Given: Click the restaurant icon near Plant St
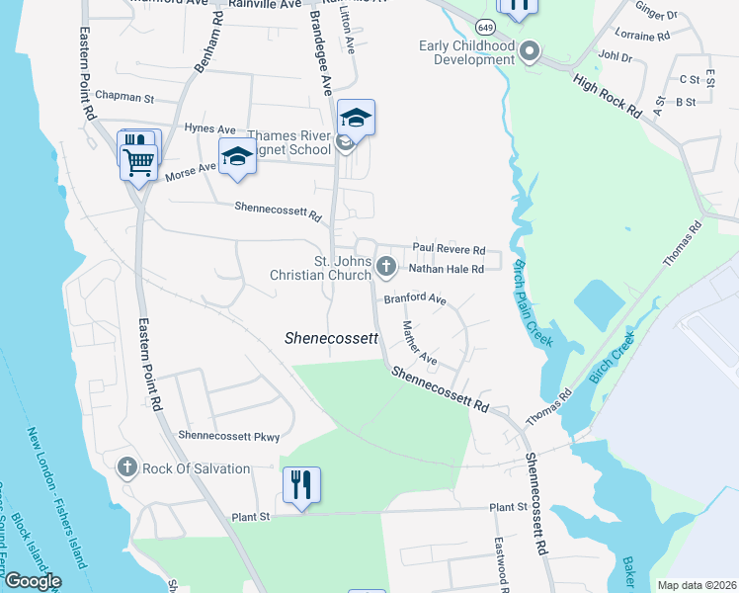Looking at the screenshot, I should tap(302, 484).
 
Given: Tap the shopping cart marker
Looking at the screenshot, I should tap(139, 160).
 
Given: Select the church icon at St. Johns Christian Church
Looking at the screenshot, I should tap(386, 265).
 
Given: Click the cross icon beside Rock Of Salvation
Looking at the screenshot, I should tap(126, 467).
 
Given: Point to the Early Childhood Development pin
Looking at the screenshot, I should tap(530, 51).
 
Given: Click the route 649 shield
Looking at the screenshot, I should tap(485, 25).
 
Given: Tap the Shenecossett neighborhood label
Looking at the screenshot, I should tap(332, 338).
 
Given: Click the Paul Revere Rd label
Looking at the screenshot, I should tap(449, 249).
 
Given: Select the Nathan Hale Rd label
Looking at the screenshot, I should tap(446, 268).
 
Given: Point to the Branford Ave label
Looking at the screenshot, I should tap(415, 298).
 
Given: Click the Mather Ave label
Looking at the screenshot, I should tap(420, 341).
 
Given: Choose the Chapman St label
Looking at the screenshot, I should tap(125, 98).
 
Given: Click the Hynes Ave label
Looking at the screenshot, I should tap(209, 128).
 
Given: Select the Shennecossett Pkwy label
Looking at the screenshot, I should tap(229, 436).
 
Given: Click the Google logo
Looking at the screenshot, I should tap(32, 581).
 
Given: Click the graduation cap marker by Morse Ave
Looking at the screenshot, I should tap(237, 158).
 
